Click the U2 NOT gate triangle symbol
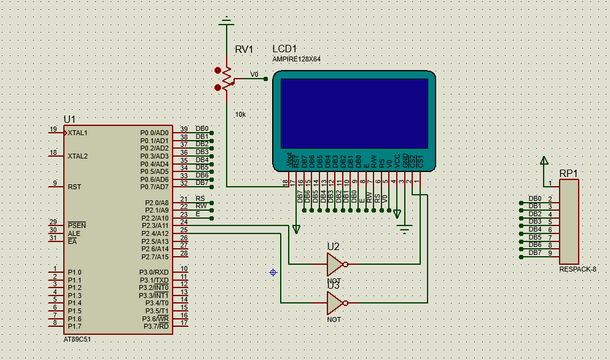coord(335,265)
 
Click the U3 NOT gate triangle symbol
coord(335,303)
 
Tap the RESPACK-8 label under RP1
coord(577,270)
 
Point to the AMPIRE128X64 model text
coord(296,59)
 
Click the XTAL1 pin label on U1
coord(78,133)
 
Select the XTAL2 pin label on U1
coord(78,156)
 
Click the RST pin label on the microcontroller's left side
coord(74,187)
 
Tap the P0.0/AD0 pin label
coord(154,133)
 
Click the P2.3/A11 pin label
coord(154,226)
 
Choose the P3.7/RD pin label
coord(155,326)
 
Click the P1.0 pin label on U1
coord(75,272)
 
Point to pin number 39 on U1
coord(184,129)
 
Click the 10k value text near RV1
coord(240,115)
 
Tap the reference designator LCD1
coord(285,49)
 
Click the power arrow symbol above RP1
coord(544,161)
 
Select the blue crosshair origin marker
coord(273,272)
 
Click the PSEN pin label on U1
coord(77,225)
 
